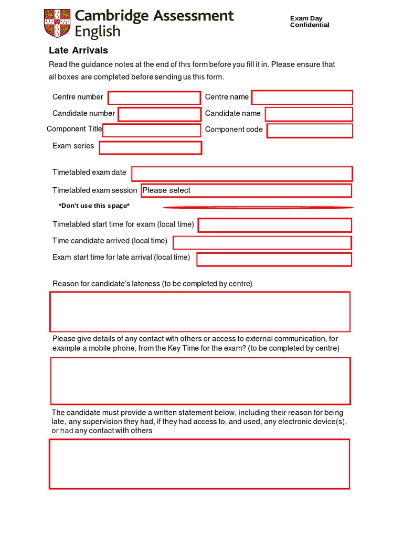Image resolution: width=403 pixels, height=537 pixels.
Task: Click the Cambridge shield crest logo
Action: click(x=57, y=24)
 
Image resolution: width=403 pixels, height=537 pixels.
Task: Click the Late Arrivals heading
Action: click(x=78, y=50)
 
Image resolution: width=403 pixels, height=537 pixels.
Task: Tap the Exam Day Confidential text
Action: click(x=310, y=22)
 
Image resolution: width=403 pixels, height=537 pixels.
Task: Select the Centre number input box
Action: click(x=154, y=98)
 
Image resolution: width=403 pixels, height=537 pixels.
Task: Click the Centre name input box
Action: click(x=302, y=98)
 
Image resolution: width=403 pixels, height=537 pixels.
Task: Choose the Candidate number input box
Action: click(x=160, y=114)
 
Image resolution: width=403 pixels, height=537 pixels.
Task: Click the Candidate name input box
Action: click(x=309, y=114)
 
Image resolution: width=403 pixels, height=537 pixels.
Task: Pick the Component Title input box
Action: click(x=152, y=131)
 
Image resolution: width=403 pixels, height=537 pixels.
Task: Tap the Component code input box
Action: click(x=310, y=131)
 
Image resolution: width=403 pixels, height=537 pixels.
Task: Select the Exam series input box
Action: click(x=151, y=148)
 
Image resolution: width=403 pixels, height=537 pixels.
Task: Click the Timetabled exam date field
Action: click(x=242, y=174)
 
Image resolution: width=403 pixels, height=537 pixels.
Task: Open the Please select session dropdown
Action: click(x=246, y=190)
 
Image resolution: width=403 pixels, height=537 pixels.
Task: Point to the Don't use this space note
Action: click(x=94, y=206)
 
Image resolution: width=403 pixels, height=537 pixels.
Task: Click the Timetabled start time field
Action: click(x=274, y=225)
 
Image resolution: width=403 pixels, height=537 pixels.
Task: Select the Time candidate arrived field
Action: click(x=262, y=242)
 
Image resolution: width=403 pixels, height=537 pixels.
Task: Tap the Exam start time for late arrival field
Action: click(x=274, y=259)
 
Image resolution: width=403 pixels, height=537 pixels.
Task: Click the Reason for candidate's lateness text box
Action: click(x=200, y=312)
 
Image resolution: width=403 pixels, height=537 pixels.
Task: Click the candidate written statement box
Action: click(x=199, y=464)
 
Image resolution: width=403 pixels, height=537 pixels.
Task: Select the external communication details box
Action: click(x=200, y=381)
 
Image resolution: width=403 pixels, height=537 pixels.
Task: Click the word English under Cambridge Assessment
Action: click(x=98, y=32)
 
